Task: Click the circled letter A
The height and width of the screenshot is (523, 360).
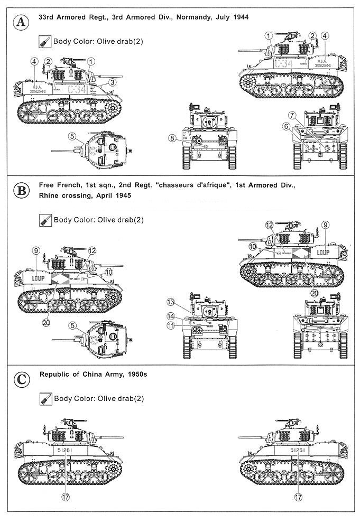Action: tap(21, 22)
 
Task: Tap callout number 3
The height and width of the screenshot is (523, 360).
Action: tap(113, 82)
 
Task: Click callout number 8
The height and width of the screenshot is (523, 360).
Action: tap(172, 138)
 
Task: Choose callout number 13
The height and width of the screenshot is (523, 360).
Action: tap(170, 302)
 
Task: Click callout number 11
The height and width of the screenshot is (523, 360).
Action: tap(170, 326)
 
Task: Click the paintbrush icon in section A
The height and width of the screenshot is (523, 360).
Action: tap(45, 41)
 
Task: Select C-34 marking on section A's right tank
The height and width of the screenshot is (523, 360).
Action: tap(284, 63)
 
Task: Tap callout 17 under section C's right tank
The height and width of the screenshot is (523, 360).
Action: tap(298, 497)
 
